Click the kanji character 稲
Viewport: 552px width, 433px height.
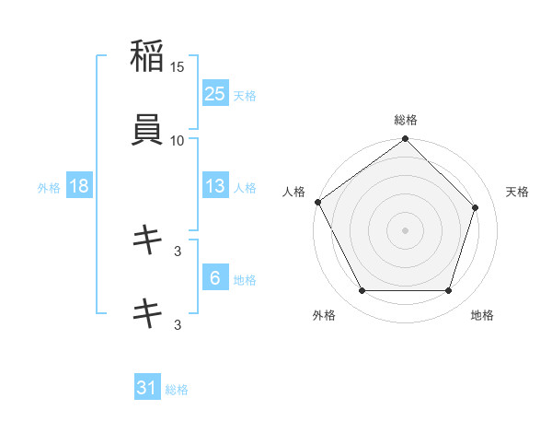(x=147, y=56)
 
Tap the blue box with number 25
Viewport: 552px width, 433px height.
(x=215, y=93)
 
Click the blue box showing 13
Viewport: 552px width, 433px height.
(x=215, y=186)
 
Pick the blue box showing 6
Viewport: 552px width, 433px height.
(x=215, y=278)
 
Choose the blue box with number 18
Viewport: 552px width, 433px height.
(x=79, y=186)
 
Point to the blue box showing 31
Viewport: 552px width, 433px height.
(x=147, y=388)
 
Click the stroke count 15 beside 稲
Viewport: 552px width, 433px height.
(x=178, y=67)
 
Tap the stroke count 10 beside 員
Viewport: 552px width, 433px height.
(x=178, y=140)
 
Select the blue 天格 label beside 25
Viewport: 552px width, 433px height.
(x=245, y=95)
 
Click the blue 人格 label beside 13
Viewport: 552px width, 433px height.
(x=245, y=188)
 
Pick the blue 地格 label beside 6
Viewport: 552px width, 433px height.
(x=245, y=280)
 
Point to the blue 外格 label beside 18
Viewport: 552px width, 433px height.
(x=49, y=188)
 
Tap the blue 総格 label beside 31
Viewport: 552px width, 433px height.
(x=177, y=390)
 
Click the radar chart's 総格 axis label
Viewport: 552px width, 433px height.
(x=406, y=120)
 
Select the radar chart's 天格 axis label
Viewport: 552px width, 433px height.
(x=518, y=192)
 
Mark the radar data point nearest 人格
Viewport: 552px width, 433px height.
(x=318, y=202)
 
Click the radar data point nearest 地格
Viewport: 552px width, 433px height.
(x=449, y=291)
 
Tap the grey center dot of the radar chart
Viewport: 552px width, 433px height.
(x=406, y=230)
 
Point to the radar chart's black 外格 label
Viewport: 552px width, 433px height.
(x=324, y=315)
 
